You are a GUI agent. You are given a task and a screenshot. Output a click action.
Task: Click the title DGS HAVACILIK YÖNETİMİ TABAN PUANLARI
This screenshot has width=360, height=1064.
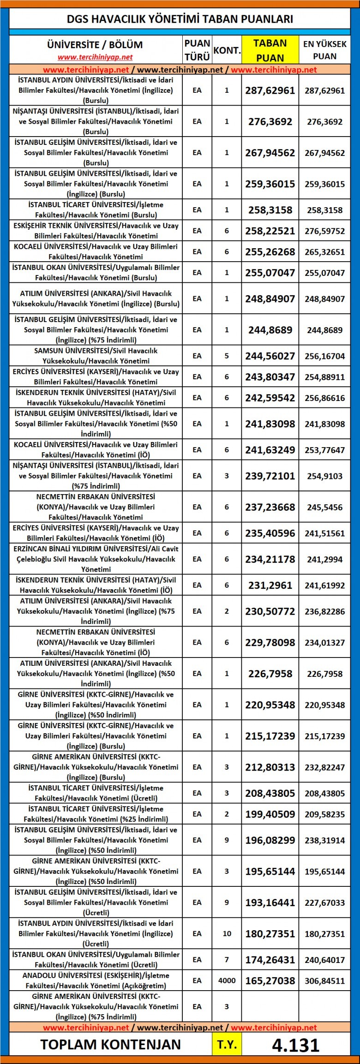pyautogui.click(x=180, y=19)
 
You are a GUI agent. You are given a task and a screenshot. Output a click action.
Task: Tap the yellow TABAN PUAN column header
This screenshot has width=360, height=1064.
pyautogui.click(x=270, y=50)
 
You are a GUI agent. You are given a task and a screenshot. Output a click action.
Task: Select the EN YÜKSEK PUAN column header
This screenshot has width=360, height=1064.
pyautogui.click(x=324, y=50)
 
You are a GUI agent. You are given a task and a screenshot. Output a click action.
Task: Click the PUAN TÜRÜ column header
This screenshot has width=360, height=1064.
pyautogui.click(x=197, y=50)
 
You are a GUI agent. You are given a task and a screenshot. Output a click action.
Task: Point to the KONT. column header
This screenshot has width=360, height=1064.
pyautogui.click(x=227, y=50)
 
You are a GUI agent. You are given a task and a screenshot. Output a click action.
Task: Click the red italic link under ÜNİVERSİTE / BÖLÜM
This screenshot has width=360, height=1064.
pyautogui.click(x=95, y=57)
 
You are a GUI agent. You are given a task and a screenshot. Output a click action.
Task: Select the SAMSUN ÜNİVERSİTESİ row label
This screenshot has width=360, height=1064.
pyautogui.click(x=96, y=356)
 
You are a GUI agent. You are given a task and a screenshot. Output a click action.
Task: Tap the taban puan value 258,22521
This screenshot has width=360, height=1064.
pyautogui.click(x=270, y=231)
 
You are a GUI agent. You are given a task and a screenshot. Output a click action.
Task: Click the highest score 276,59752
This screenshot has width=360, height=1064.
pyautogui.click(x=324, y=231)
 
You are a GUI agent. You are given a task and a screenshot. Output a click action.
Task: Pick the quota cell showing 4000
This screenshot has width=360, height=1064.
pyautogui.click(x=227, y=980)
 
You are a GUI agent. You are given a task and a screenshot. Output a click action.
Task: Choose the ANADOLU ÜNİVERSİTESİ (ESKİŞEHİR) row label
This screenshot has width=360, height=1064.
pyautogui.click(x=96, y=980)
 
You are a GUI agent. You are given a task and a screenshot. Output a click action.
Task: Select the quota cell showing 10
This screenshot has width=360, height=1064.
pyautogui.click(x=227, y=933)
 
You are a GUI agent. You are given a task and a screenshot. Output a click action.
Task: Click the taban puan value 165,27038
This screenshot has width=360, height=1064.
pyautogui.click(x=270, y=980)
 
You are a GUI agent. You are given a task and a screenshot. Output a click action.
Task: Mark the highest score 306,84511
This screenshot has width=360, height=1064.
pyautogui.click(x=324, y=981)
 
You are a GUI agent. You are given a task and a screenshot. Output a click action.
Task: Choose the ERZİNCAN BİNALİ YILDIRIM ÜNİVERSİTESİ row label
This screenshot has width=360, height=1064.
pyautogui.click(x=96, y=559)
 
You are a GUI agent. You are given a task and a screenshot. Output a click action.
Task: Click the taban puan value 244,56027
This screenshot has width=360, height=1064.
pyautogui.click(x=270, y=356)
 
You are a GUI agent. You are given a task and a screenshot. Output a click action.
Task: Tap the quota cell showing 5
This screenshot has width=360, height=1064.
pyautogui.click(x=227, y=356)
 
